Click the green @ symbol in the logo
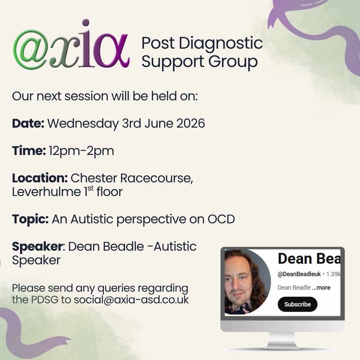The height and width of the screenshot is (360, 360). [31, 49]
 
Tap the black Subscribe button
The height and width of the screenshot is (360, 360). [297, 304]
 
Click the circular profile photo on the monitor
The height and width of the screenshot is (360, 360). [247, 282]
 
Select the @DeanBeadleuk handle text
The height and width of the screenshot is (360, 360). [299, 274]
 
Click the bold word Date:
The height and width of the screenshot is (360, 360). [28, 123]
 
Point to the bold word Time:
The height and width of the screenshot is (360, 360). [29, 151]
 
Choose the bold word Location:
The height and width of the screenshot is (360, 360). [40, 178]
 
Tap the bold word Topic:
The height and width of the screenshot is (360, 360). [30, 219]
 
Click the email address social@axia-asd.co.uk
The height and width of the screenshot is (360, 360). [131, 300]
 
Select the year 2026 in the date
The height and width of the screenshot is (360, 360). [190, 123]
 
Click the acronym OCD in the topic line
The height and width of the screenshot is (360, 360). [221, 219]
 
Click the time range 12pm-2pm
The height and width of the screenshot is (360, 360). [81, 151]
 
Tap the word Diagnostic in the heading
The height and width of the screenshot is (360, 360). [221, 43]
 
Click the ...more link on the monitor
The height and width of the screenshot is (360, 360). [321, 287]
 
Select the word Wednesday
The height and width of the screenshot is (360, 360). [83, 123]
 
